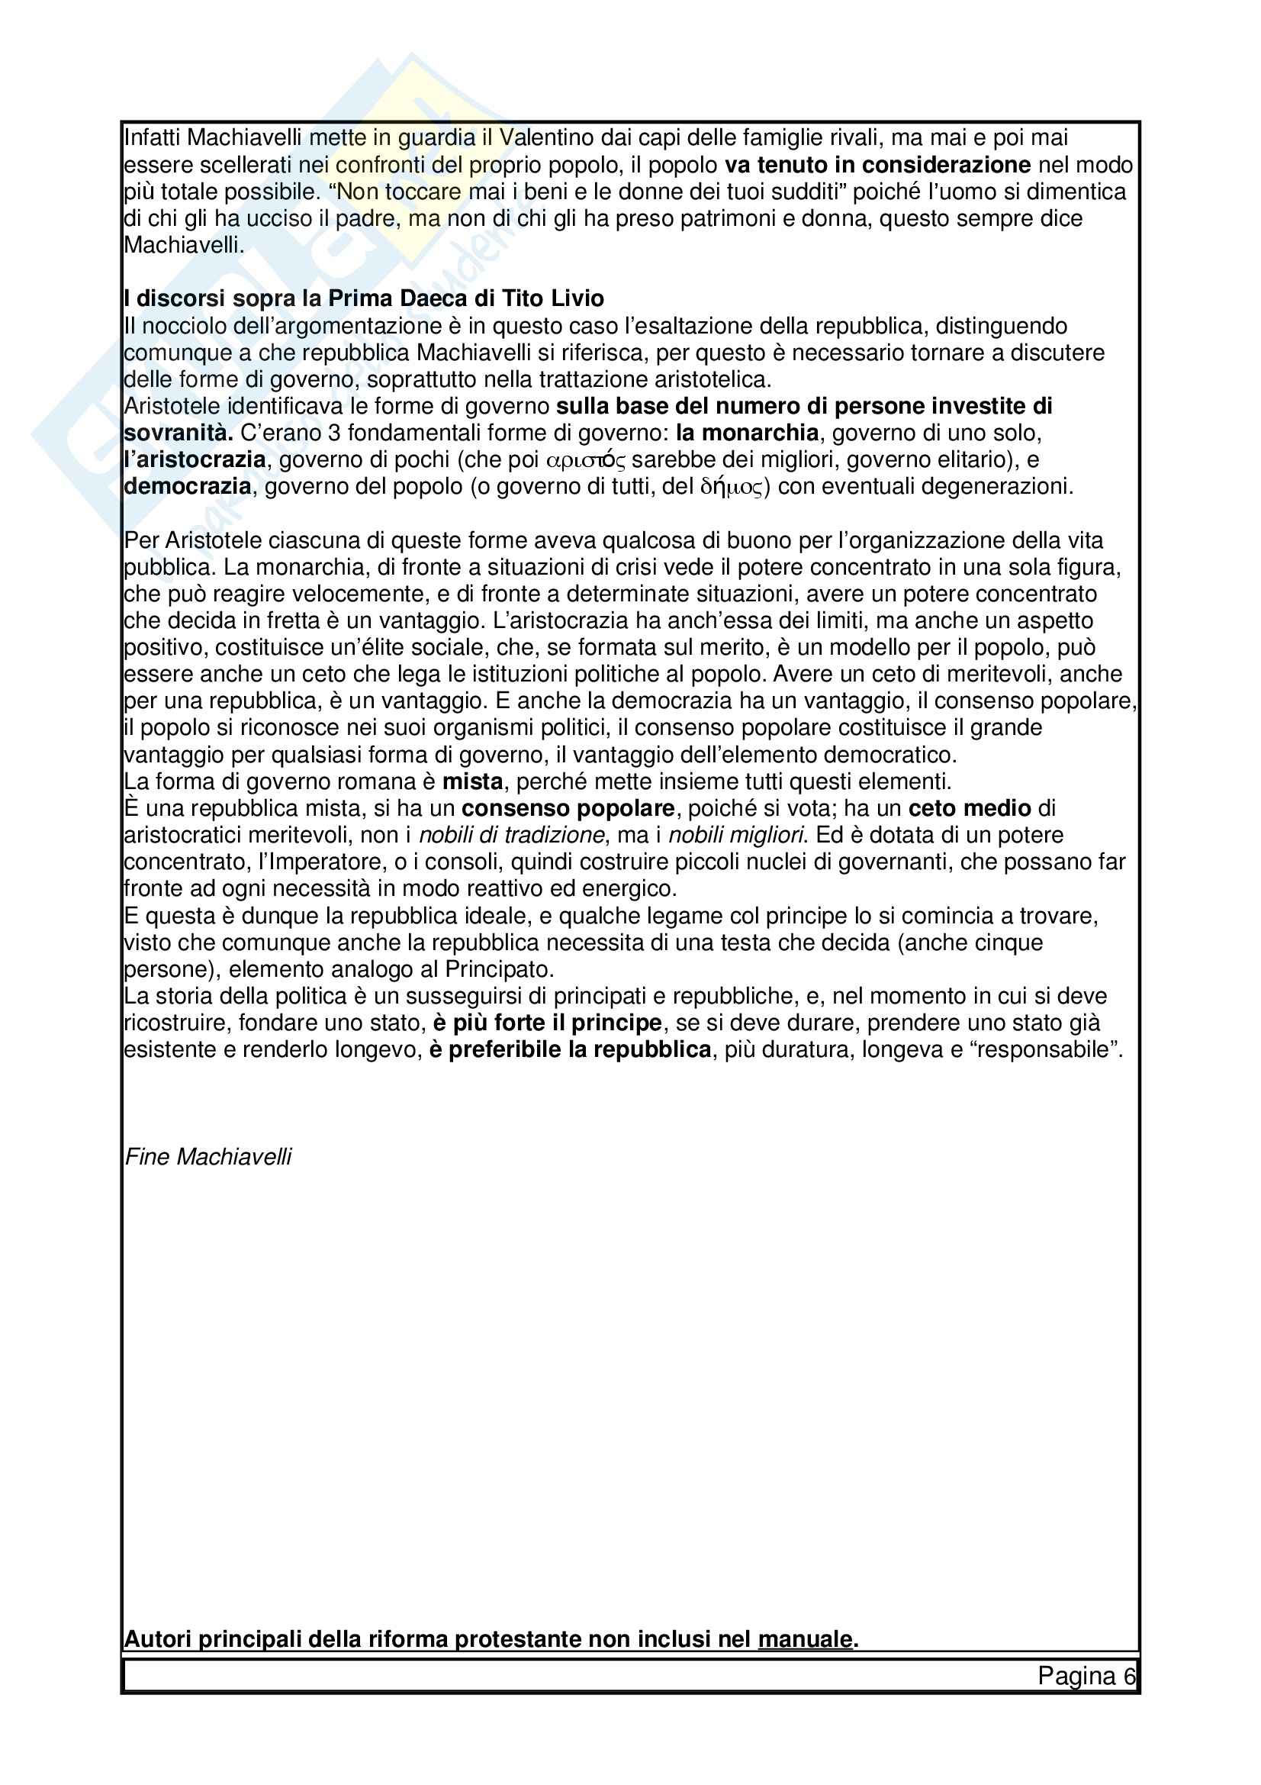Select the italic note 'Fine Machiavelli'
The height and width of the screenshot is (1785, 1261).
[208, 1157]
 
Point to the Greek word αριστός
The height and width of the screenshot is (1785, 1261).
[586, 460]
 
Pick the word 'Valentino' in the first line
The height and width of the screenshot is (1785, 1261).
[547, 137]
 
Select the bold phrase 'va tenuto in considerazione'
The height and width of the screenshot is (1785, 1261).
[877, 165]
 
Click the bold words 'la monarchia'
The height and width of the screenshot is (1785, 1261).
[747, 432]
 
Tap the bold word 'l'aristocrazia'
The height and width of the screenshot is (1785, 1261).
[195, 459]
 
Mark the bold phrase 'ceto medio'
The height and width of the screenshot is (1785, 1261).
[970, 808]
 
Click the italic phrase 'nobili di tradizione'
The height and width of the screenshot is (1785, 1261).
[511, 835]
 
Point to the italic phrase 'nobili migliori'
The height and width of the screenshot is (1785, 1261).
[736, 835]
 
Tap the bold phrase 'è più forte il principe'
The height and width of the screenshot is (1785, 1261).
[547, 1023]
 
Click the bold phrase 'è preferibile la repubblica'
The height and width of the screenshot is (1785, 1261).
[571, 1050]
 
